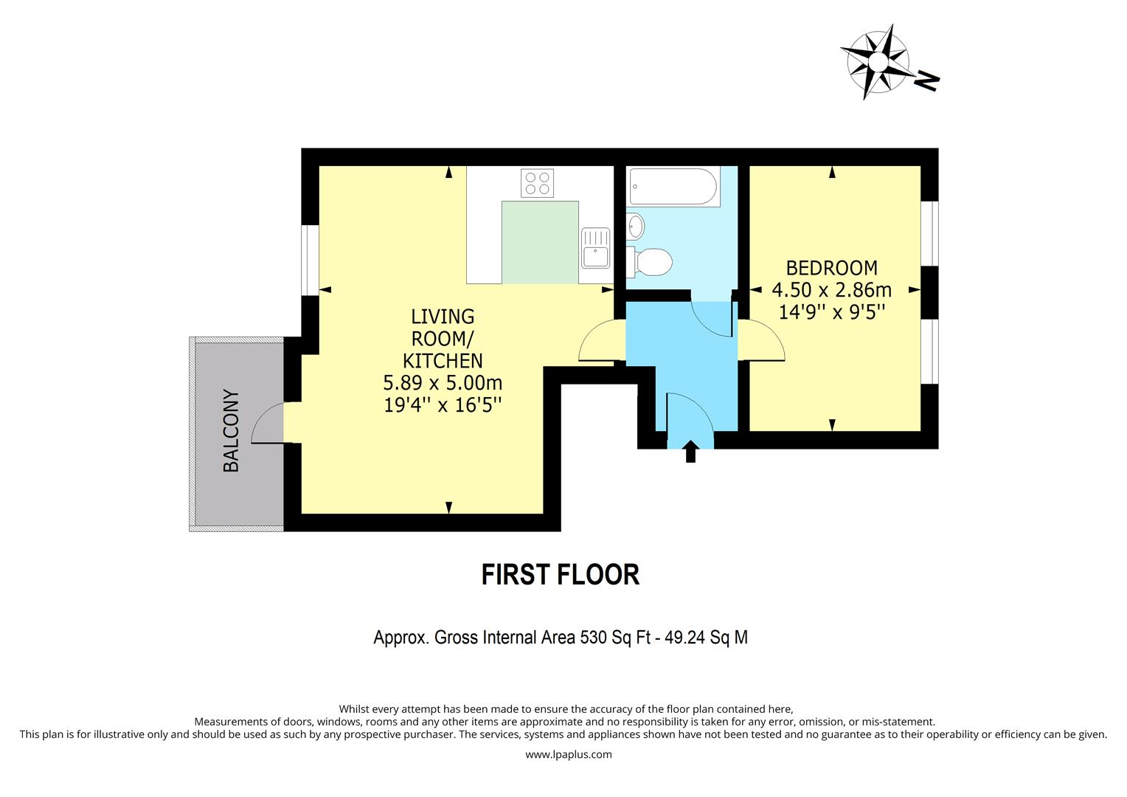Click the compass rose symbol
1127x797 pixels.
[x=875, y=61]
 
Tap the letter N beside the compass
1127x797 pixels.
[x=926, y=80]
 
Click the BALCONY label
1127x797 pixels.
[x=231, y=431]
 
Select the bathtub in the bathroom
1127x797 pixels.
[x=673, y=187]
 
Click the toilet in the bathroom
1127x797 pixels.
[x=652, y=261]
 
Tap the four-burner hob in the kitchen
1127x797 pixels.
[x=537, y=183]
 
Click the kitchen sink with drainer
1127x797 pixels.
[x=595, y=247]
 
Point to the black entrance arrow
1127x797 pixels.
[x=690, y=451]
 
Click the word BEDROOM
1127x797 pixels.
[x=831, y=268]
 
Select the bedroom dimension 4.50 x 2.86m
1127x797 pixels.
[x=831, y=289]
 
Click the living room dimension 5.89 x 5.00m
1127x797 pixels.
[x=443, y=383]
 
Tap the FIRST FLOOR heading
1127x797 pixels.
[x=560, y=575]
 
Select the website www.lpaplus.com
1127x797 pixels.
[x=568, y=754]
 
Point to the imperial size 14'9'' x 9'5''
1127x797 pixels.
[x=831, y=311]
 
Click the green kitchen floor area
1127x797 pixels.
[x=540, y=242]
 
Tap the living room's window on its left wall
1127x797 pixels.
[x=311, y=260]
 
